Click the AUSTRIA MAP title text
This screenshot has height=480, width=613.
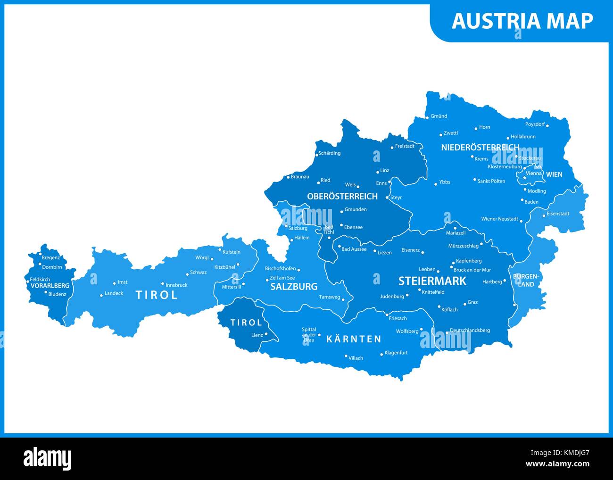pos(522,21)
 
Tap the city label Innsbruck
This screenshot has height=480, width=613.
pos(176,285)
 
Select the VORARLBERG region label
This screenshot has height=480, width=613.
pos(50,286)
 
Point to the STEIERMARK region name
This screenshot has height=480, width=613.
pos(432,281)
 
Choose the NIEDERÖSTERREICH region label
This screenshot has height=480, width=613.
pos(480,148)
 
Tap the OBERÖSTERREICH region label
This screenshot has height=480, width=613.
pos(342,196)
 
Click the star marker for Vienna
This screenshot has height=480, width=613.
pos(524,178)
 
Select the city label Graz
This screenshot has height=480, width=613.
pos(472,302)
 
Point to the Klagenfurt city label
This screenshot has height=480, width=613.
pos(396,353)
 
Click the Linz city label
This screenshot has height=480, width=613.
pos(385,171)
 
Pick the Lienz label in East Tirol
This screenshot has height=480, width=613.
pos(257,335)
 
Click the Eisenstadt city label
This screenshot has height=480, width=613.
pos(558,214)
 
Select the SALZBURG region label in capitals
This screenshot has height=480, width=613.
pos(294,287)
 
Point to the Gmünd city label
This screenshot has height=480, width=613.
pos(439,116)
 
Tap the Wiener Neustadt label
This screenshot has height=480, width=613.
pos(499,219)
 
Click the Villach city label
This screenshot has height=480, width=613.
pos(356,358)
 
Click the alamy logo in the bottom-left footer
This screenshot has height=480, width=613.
pos(48,458)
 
